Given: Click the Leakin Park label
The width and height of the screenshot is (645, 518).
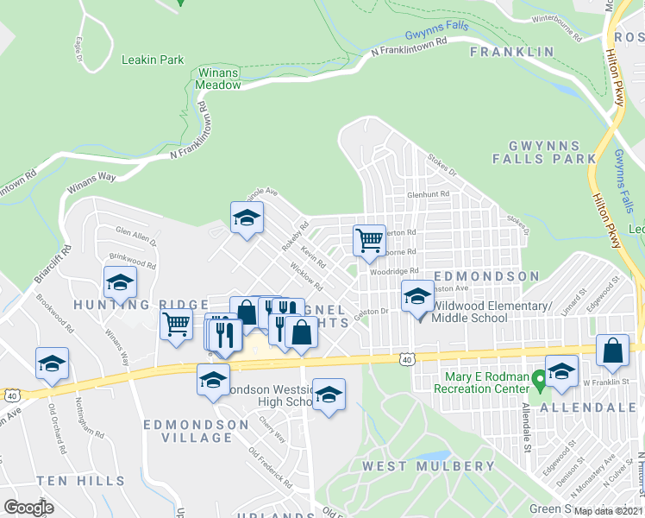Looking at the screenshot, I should [x=153, y=60].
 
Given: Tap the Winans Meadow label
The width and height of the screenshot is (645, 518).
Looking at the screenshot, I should [x=216, y=79].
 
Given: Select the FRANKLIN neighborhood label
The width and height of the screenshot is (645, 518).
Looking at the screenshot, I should [x=512, y=53].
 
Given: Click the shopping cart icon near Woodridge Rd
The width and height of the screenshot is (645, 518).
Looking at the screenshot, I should [x=369, y=240].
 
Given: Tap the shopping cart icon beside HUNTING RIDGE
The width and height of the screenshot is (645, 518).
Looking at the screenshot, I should [x=177, y=325].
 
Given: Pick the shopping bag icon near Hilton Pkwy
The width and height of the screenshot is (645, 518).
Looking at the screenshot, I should [x=612, y=351].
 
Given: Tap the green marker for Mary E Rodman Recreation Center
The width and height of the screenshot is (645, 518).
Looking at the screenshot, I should [x=539, y=377].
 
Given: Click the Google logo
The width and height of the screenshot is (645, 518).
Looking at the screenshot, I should [x=29, y=508].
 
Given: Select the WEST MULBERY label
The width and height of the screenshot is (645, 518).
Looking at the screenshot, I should [x=429, y=466].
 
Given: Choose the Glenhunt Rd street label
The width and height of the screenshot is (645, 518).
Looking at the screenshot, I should [x=429, y=195].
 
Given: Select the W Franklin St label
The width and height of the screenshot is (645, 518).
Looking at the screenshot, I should [x=603, y=382].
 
